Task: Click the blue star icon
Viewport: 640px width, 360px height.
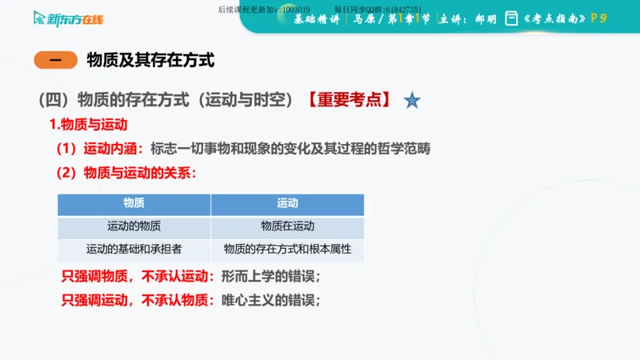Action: tap(412, 100)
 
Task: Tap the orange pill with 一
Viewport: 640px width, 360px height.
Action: tap(55, 60)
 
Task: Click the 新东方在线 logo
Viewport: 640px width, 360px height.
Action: tap(69, 18)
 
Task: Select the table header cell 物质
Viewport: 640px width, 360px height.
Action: tap(134, 204)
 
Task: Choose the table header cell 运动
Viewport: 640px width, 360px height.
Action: tap(287, 204)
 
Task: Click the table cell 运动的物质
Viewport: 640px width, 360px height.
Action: tap(134, 226)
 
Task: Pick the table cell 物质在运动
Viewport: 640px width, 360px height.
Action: tap(287, 226)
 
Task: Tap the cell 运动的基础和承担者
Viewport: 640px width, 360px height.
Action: tap(134, 249)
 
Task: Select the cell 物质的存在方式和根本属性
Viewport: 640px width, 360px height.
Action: tap(287, 249)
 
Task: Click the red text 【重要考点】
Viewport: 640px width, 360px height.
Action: tap(349, 100)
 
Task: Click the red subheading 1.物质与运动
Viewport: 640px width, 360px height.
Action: tap(88, 125)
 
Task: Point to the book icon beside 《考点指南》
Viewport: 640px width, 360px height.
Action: tap(511, 18)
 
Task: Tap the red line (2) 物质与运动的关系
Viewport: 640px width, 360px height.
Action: tap(125, 173)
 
